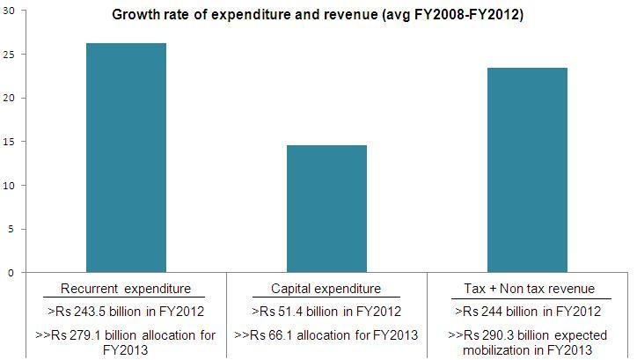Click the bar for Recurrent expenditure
[x=126, y=158]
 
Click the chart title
[x=318, y=15]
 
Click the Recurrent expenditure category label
[x=126, y=289]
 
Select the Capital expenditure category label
[x=326, y=289]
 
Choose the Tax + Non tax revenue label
[x=529, y=289]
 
